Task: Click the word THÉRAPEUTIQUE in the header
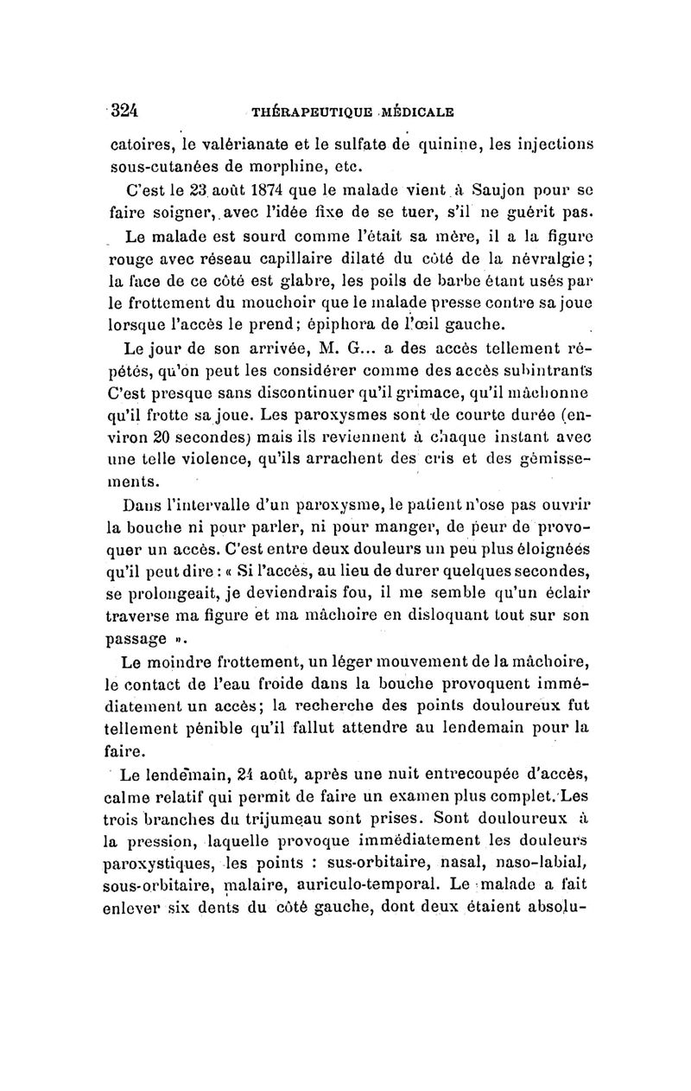pyautogui.click(x=306, y=112)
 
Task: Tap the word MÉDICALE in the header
pyautogui.click(x=415, y=112)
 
